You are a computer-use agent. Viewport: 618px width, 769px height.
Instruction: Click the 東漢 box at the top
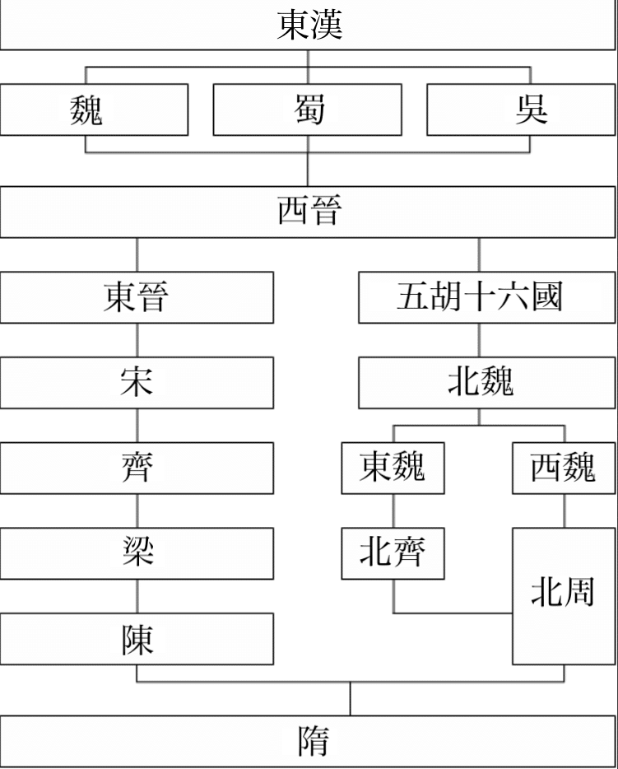(x=308, y=25)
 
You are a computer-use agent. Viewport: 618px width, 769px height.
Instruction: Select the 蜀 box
(x=307, y=110)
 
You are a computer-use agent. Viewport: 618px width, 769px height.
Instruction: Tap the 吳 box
(x=521, y=110)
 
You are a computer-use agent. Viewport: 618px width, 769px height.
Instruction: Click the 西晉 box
(x=308, y=212)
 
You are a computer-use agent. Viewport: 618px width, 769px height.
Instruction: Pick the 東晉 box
(x=137, y=297)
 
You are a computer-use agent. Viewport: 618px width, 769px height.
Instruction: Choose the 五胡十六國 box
(x=486, y=297)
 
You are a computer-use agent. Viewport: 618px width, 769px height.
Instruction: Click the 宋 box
(x=137, y=383)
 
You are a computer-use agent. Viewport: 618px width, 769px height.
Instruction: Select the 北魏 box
(x=486, y=383)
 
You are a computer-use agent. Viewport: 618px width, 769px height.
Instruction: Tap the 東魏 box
(x=393, y=468)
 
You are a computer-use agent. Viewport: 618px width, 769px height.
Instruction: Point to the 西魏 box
(x=564, y=468)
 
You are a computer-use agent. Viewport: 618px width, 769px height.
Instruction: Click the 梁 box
(x=137, y=553)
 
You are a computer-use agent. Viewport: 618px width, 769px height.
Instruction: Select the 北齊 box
(x=393, y=553)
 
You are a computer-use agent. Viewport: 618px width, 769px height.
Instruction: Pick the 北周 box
(x=564, y=596)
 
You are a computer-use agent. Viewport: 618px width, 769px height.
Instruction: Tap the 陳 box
(x=137, y=639)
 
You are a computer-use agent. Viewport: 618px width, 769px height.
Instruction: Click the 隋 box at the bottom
(x=308, y=741)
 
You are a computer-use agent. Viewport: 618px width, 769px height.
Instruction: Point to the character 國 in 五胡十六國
(x=546, y=296)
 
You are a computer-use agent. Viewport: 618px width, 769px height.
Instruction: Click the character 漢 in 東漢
(x=326, y=25)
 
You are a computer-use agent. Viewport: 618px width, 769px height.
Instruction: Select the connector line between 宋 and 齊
(x=137, y=425)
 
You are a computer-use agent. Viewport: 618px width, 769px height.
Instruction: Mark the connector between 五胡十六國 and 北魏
(x=479, y=340)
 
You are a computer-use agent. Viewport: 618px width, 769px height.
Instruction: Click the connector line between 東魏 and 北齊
(x=393, y=510)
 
